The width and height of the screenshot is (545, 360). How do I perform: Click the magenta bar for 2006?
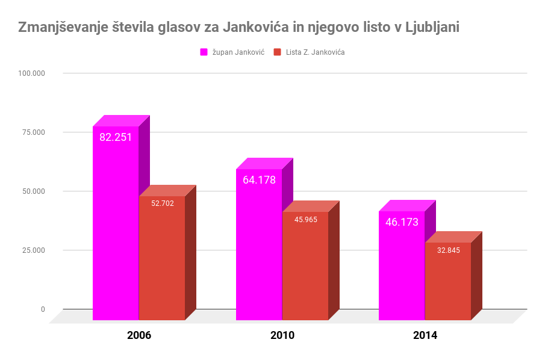click(x=116, y=229)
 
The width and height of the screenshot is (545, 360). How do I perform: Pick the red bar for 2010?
click(x=305, y=271)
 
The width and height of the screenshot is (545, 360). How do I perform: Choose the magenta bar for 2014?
click(x=402, y=271)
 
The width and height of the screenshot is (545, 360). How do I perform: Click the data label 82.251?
click(x=116, y=137)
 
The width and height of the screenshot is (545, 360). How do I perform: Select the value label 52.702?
click(x=163, y=203)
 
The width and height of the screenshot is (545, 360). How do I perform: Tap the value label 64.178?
click(x=259, y=180)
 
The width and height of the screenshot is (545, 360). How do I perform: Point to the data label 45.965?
click(x=306, y=220)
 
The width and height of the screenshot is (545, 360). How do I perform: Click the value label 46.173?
click(x=402, y=222)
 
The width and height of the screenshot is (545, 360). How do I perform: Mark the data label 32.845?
click(x=449, y=250)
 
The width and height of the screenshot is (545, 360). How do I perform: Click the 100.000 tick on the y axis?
click(x=32, y=73)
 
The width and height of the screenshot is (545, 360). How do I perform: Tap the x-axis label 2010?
click(x=282, y=336)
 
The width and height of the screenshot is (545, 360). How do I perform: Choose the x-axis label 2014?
click(x=425, y=336)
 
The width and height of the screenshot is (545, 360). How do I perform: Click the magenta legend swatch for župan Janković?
click(x=204, y=52)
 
